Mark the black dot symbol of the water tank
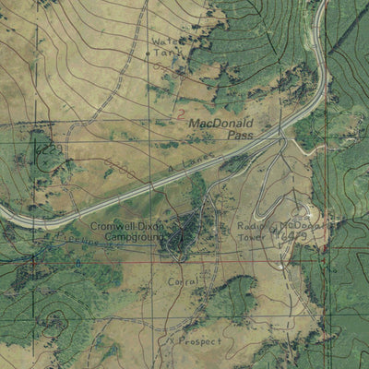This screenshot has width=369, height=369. point(149,54)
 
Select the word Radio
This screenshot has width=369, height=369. point(250,226)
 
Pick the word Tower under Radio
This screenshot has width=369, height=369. point(252,237)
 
